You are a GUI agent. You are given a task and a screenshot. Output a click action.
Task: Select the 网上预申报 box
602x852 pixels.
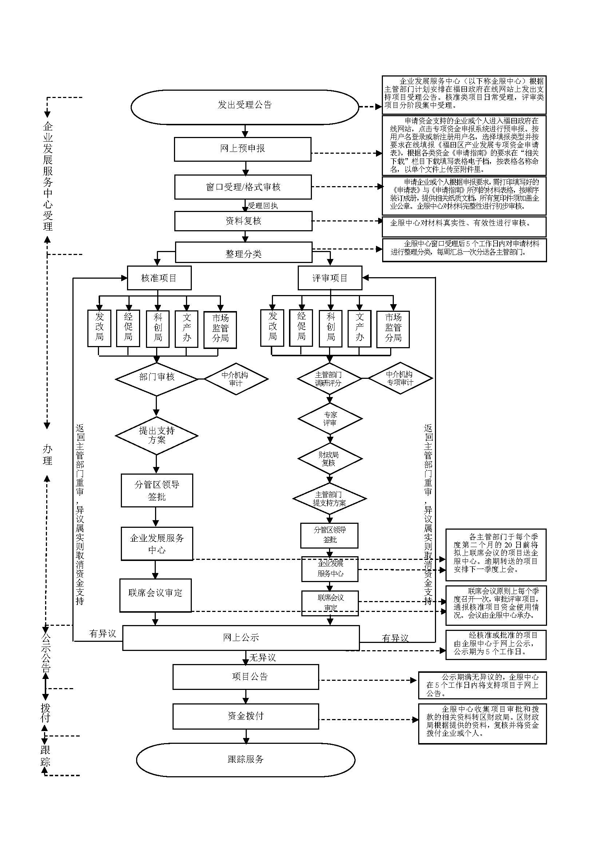click(242, 149)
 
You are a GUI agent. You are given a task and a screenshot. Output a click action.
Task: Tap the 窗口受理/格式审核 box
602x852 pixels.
click(243, 187)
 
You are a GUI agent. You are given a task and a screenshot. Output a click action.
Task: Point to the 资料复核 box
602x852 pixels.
click(243, 221)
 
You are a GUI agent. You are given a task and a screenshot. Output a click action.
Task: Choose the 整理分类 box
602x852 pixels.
click(243, 253)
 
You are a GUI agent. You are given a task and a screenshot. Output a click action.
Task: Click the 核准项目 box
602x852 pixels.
click(159, 278)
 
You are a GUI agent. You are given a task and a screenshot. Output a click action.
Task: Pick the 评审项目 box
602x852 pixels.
click(329, 278)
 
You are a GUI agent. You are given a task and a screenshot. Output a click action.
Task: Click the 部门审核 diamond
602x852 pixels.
click(157, 377)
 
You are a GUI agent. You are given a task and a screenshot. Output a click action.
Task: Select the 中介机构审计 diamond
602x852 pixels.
click(236, 379)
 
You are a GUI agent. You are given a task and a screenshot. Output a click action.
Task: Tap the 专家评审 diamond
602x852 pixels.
click(329, 419)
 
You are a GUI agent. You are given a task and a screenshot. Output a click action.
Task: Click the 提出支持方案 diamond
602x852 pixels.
click(157, 435)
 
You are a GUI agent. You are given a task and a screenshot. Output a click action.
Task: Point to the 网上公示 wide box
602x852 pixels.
click(241, 638)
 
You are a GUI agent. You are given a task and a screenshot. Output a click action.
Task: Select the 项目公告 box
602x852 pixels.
click(245, 677)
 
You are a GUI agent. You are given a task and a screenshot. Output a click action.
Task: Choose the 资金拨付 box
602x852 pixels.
click(245, 716)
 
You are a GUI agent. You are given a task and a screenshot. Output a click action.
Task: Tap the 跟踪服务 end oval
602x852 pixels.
click(245, 759)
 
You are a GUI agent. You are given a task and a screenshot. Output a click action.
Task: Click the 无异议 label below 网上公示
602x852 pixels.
click(262, 657)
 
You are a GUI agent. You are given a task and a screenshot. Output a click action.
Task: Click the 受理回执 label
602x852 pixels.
click(263, 205)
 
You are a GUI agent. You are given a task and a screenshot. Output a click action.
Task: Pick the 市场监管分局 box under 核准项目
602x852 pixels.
click(220, 329)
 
